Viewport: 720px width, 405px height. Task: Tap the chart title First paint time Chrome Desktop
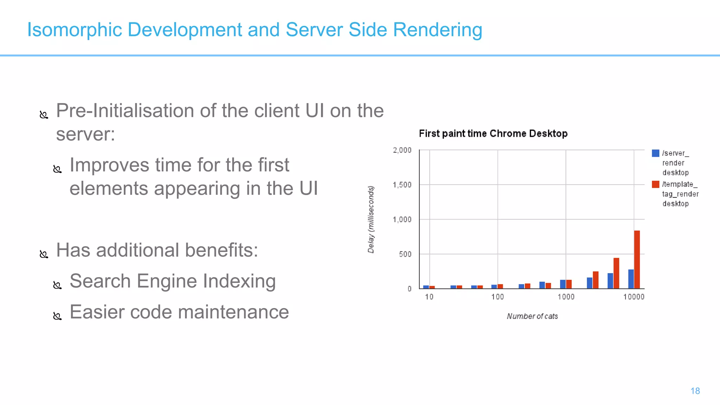493,134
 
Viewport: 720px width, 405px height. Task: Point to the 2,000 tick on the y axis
402,150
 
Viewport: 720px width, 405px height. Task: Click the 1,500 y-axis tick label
402,185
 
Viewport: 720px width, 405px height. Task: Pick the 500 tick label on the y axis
405,254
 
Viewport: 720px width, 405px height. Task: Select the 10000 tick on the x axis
634,297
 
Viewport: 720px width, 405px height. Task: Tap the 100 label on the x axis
497,297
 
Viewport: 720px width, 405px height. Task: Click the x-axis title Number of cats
532,316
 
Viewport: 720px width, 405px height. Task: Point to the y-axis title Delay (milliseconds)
371,219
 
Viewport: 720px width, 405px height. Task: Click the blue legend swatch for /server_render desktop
655,153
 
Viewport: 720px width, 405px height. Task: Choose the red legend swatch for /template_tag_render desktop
655,184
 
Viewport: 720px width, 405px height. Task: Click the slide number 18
695,391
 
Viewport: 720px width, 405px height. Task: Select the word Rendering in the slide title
437,30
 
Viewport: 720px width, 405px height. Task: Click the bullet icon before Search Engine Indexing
57,285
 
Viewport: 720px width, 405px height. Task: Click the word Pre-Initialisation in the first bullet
125,111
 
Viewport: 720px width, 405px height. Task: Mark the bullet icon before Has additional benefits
44,254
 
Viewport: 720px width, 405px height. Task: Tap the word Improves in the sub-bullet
109,165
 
